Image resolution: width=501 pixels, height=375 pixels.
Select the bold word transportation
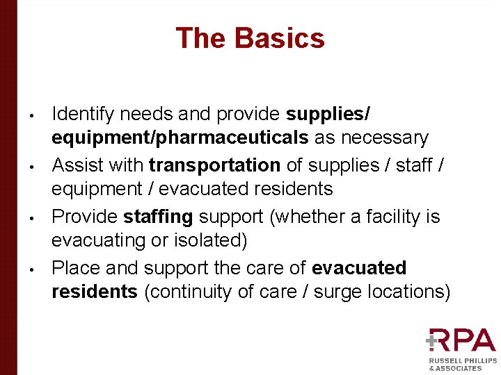coord(214,165)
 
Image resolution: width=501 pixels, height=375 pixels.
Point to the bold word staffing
coord(158,217)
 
